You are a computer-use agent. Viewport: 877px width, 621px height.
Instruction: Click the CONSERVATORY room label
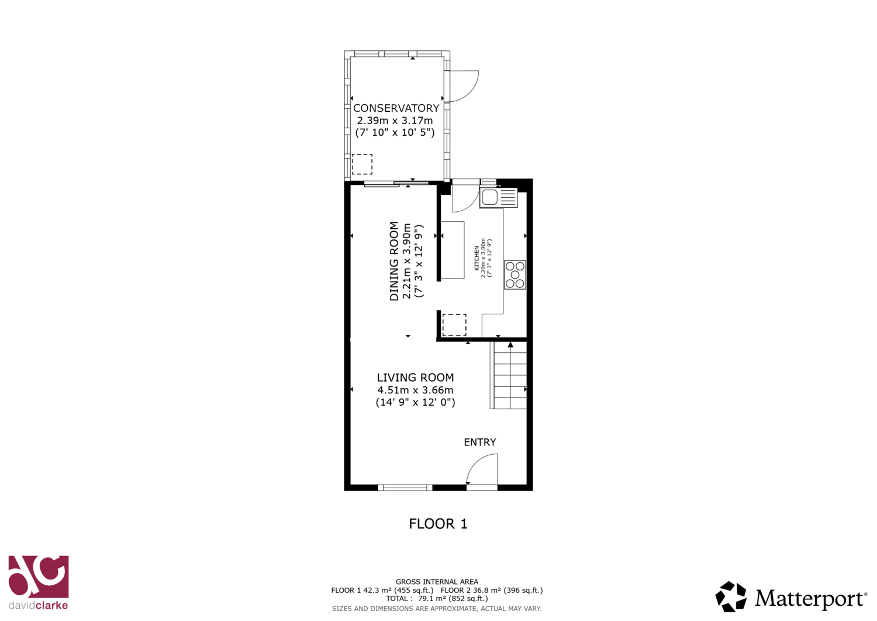[x=396, y=108]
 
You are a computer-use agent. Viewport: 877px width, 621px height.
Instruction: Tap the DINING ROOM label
[x=394, y=261]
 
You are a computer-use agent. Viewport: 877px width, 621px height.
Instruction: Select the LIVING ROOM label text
[x=415, y=378]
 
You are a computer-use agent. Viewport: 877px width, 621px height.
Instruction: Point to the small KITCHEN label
[x=477, y=258]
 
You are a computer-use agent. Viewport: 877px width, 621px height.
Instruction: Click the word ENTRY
[x=480, y=442]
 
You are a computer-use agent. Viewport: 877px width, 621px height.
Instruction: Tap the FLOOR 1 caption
[x=438, y=524]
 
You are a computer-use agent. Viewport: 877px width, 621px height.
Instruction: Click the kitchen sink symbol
[x=498, y=197]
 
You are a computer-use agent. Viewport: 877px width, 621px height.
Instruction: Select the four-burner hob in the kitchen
[x=515, y=275]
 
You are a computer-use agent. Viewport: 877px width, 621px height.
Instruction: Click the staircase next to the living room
[x=508, y=375]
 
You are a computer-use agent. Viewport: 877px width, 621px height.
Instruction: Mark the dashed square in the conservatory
[x=362, y=164]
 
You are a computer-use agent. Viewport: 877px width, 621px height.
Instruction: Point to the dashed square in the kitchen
[x=454, y=325]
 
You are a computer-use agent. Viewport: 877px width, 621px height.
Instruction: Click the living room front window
[x=405, y=488]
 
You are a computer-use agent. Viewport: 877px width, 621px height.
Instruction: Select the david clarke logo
[x=39, y=582]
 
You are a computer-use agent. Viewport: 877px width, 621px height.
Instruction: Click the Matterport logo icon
[x=731, y=596]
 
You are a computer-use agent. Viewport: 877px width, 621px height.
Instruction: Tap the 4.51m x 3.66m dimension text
[x=415, y=390]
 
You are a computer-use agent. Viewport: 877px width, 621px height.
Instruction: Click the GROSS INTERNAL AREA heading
[x=437, y=582]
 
